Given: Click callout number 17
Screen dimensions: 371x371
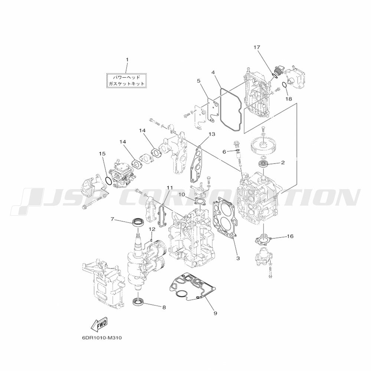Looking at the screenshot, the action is pos(257,47).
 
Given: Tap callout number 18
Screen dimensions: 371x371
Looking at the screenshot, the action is pos(289,99).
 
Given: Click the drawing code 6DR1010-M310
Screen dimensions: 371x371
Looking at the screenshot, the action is pos(102,338).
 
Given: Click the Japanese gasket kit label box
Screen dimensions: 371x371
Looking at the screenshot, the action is pos(126,81).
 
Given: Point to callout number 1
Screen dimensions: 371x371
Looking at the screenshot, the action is pos(127,60).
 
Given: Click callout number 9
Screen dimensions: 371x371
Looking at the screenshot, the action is pos(215,313).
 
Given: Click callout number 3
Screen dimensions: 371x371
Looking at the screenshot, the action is pos(238,258).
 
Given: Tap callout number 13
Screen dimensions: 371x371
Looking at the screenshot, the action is pos(212,134).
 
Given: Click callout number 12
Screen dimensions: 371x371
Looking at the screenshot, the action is pos(152,229).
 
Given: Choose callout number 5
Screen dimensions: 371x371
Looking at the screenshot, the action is pos(198,81).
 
